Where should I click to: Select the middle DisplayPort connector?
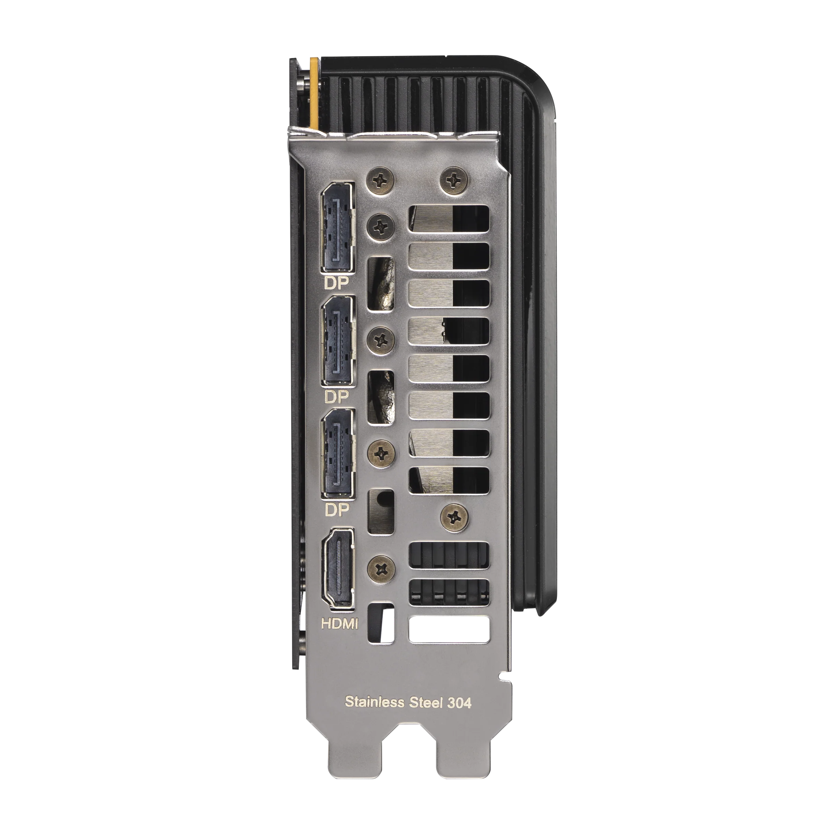[338, 340]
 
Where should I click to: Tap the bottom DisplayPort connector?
[338, 453]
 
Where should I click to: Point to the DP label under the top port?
[336, 283]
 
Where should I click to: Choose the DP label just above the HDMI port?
[336, 510]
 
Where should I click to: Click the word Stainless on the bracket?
[374, 701]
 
